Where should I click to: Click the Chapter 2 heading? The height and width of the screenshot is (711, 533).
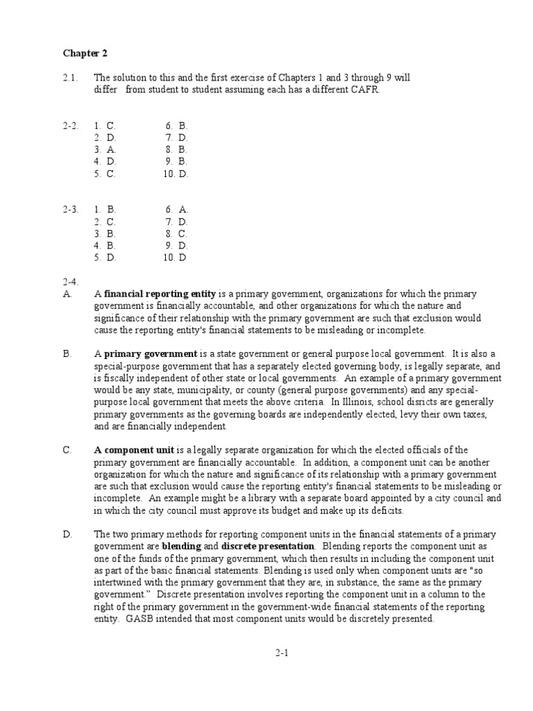point(85,53)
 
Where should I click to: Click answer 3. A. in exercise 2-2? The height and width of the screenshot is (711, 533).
point(106,149)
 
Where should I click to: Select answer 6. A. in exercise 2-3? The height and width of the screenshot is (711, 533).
point(177,209)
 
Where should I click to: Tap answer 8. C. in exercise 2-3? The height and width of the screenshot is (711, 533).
point(177,233)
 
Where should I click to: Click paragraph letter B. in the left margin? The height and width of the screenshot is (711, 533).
point(67,353)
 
